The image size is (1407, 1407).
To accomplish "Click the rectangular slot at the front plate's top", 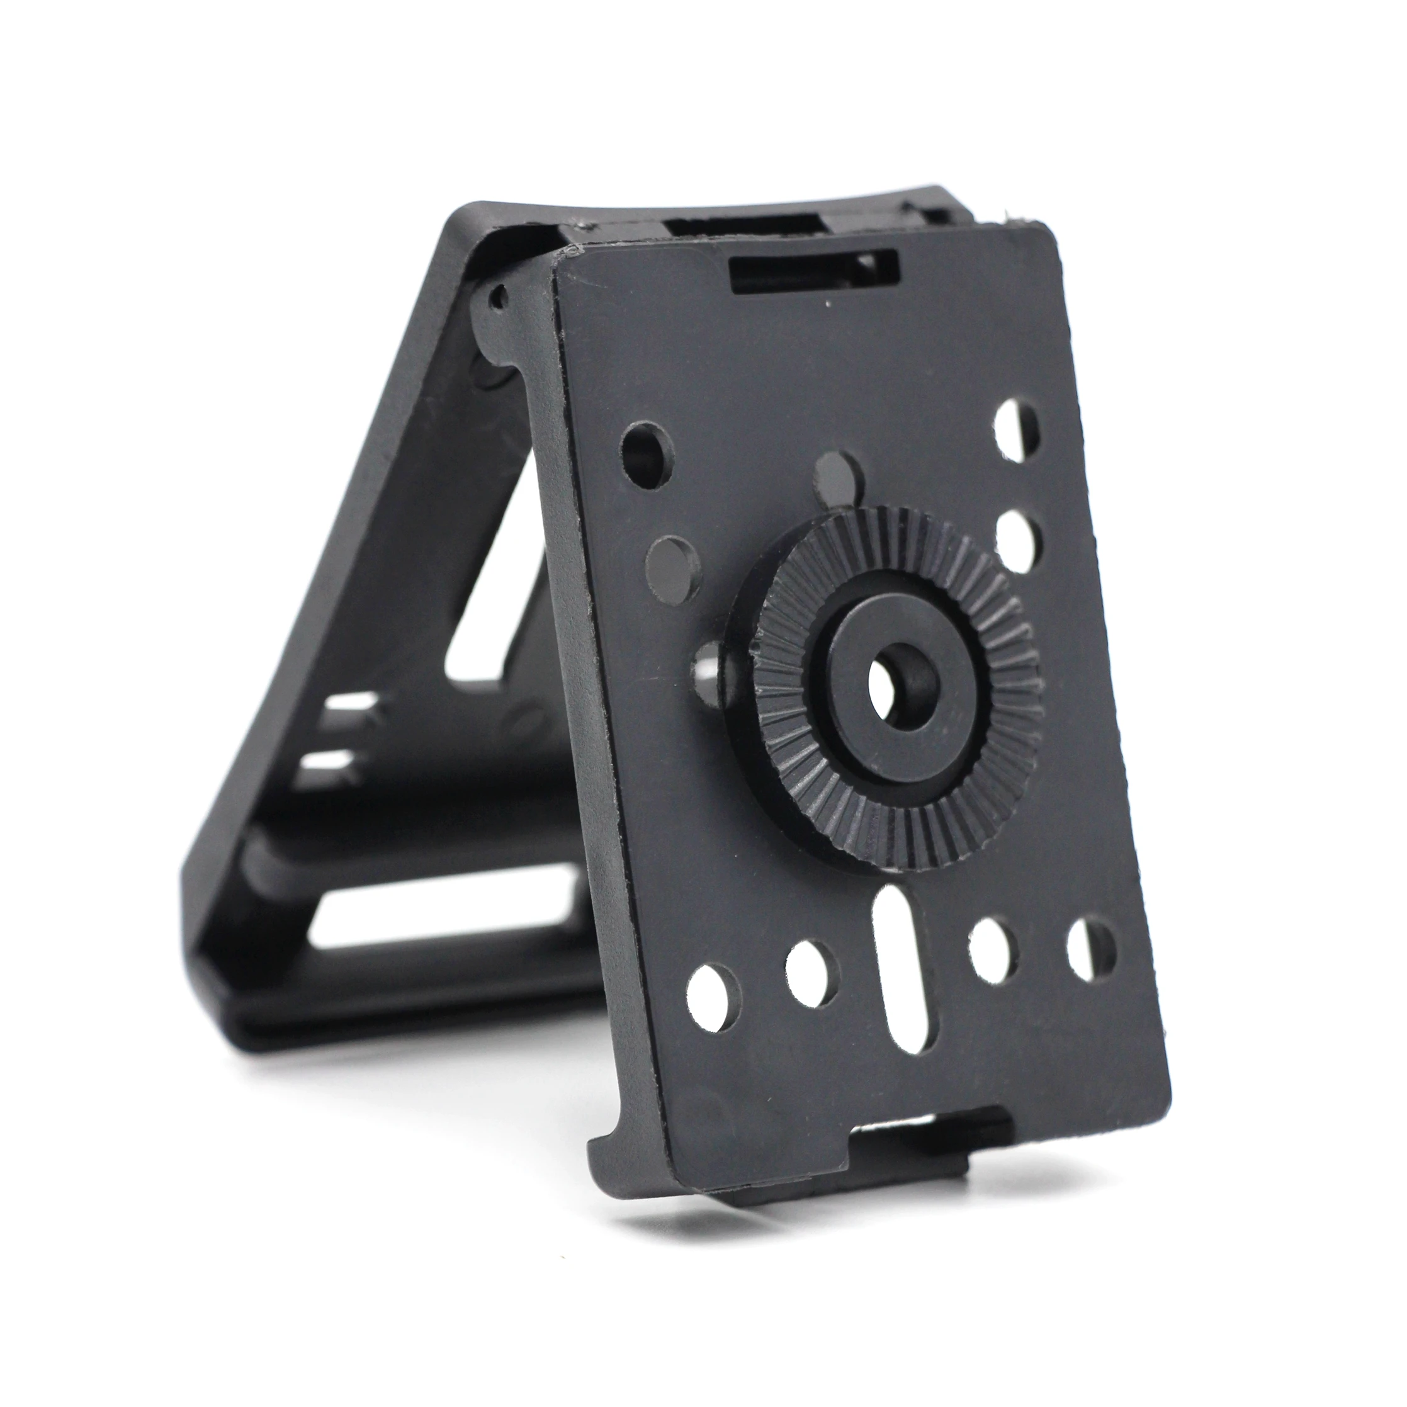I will click(x=814, y=270).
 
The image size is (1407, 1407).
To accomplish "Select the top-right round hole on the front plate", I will click(x=1018, y=430).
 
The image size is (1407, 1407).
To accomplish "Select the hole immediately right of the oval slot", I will click(x=993, y=951).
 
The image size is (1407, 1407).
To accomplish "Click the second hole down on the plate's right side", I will click(x=1018, y=542).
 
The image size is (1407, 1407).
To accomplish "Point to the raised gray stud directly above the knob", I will click(x=839, y=478).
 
